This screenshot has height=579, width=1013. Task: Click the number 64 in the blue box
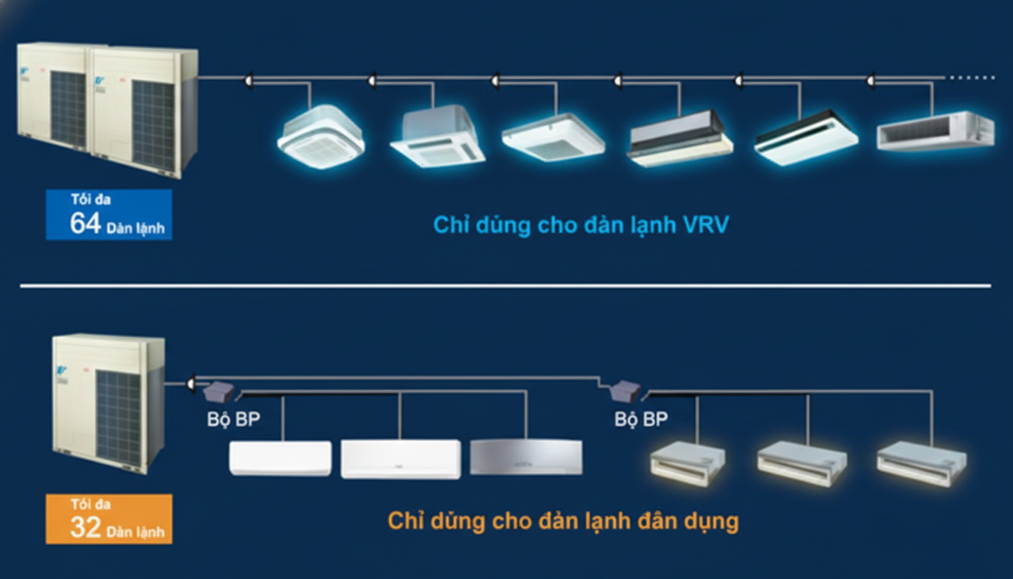click(85, 224)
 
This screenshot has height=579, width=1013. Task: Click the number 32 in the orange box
click(85, 527)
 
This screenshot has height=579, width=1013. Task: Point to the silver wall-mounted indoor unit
click(526, 457)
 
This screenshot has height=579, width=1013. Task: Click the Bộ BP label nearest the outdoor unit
click(234, 419)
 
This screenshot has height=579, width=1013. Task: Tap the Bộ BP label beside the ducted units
click(641, 419)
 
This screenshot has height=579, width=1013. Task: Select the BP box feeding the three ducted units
click(626, 391)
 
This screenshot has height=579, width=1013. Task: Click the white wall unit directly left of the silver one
click(400, 458)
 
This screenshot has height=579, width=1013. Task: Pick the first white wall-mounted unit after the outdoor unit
click(280, 458)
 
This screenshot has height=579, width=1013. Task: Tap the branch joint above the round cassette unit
click(249, 78)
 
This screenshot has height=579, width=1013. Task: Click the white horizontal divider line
click(505, 286)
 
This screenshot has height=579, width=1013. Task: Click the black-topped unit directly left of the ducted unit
click(806, 138)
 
